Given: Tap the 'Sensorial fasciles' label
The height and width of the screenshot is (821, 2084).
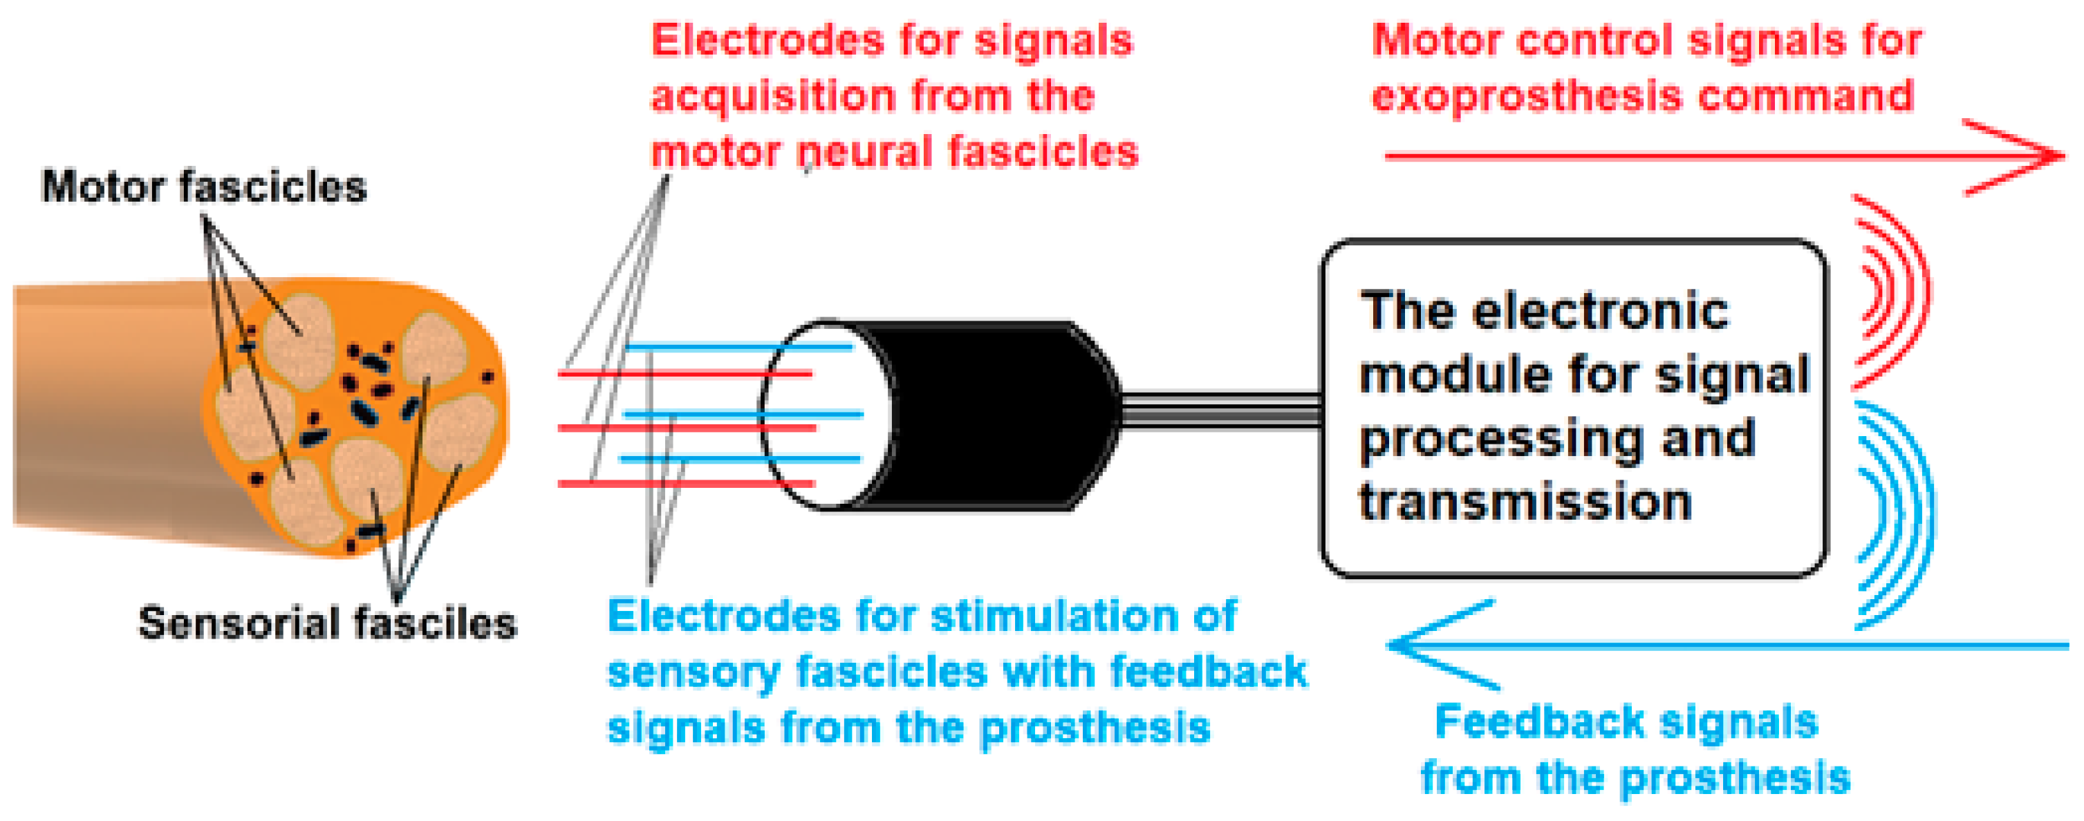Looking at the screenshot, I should point(327,623).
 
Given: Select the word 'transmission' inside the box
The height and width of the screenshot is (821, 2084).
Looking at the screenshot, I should point(1525,502).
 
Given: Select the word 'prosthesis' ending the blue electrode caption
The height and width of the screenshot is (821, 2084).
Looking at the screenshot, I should point(1095,728).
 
